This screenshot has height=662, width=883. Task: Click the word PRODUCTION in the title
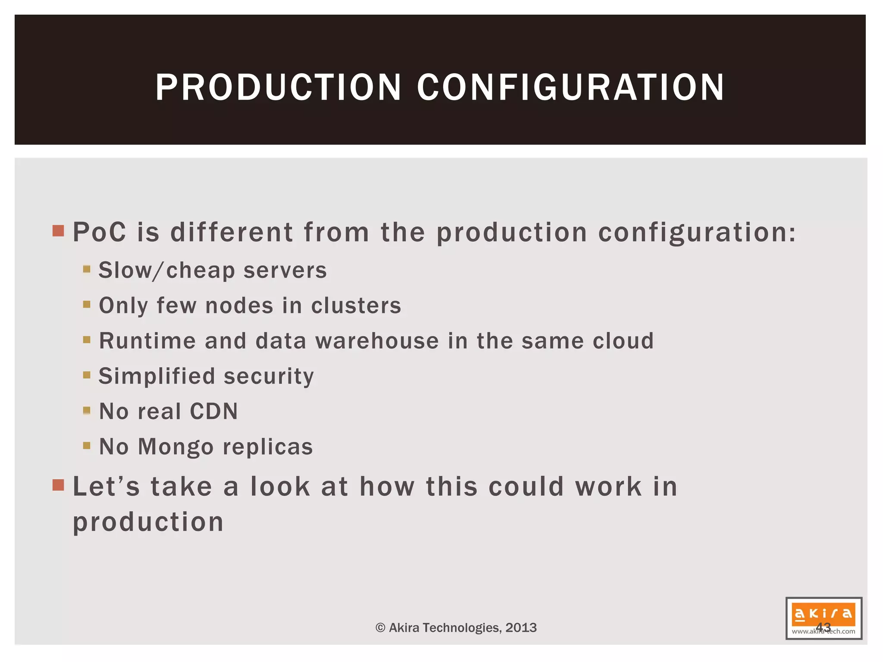pos(279,87)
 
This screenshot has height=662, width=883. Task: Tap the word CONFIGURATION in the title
pos(570,87)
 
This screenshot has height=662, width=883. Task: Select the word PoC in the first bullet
pos(100,232)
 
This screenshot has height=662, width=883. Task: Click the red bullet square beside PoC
pos(58,231)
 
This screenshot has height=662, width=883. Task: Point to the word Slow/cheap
pos(166,271)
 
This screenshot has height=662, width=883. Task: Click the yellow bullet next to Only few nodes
pos(87,305)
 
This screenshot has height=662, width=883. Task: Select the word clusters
pos(356,306)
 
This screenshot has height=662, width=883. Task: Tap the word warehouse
pos(377,341)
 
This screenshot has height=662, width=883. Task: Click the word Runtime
pos(147,341)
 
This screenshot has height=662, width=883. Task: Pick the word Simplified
pos(157,376)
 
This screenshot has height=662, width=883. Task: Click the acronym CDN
pos(214,411)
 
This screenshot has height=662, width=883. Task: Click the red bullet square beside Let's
pos(58,485)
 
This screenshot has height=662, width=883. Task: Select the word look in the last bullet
pos(280,487)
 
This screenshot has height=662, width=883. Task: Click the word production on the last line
pos(148,522)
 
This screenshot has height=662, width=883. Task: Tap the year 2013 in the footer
pos(521,628)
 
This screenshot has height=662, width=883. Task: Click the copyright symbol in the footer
pos(380,628)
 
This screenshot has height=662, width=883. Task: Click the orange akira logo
pos(824,614)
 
